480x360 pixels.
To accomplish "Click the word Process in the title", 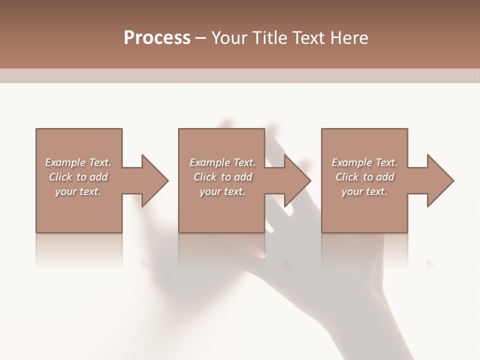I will click(157, 38).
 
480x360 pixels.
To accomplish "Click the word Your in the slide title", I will click(230, 38).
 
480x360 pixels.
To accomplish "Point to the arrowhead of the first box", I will click(153, 180).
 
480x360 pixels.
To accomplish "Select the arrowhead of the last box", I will click(439, 180).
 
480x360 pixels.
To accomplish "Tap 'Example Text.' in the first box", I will click(78, 162).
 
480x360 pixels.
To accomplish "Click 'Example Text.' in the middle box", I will click(222, 162).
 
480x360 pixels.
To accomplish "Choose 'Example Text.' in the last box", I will click(364, 162).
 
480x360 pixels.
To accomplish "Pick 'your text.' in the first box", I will click(78, 191).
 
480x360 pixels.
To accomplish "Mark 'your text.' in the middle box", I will click(222, 191).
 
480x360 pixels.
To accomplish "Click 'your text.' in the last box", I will click(364, 191).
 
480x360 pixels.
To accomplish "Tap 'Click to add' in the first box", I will click(78, 177).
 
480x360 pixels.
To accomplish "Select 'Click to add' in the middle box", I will click(222, 177).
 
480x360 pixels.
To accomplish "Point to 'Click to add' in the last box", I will click(364, 177).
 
